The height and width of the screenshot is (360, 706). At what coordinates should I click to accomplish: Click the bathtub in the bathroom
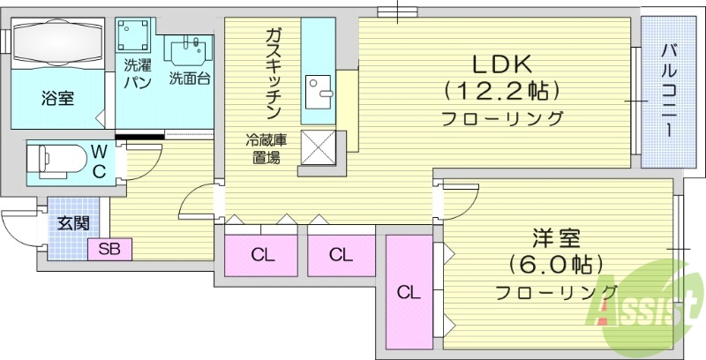click(x=58, y=43)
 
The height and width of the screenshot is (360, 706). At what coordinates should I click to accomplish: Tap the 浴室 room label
click(x=57, y=99)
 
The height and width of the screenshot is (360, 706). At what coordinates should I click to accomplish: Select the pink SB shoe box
click(x=109, y=250)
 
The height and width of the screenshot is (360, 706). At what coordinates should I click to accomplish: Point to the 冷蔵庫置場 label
click(x=263, y=149)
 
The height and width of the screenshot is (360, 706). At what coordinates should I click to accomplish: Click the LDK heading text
click(x=500, y=64)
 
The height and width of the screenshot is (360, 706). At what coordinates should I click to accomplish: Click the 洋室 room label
click(x=555, y=238)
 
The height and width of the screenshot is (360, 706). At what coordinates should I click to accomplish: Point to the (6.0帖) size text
click(x=555, y=264)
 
